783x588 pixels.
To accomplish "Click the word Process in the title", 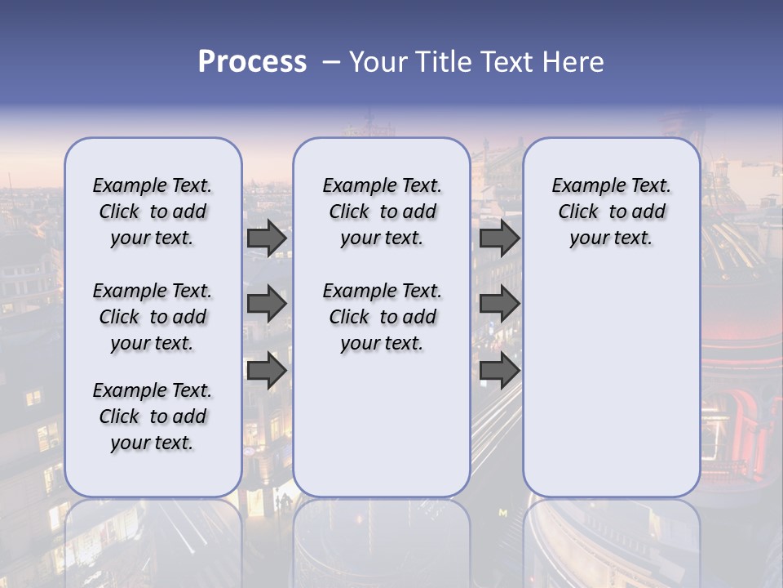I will pyautogui.click(x=252, y=62).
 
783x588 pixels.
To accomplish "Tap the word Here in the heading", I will pyautogui.click(x=574, y=62).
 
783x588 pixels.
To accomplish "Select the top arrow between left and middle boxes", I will pyautogui.click(x=267, y=238).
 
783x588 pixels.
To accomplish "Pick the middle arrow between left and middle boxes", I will pyautogui.click(x=267, y=304).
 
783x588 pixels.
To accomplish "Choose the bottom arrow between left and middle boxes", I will pyautogui.click(x=267, y=370).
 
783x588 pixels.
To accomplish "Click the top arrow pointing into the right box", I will pyautogui.click(x=499, y=238).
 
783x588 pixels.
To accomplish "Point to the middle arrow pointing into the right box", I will pyautogui.click(x=499, y=304).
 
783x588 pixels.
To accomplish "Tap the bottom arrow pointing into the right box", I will pyautogui.click(x=499, y=370).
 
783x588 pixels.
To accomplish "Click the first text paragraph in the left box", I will pyautogui.click(x=153, y=212).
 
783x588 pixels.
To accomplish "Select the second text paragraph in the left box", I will pyautogui.click(x=153, y=317).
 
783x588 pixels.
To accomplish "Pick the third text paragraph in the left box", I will pyautogui.click(x=153, y=416).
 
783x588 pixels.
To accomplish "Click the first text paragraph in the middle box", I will pyautogui.click(x=382, y=212).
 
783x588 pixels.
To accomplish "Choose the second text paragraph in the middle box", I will pyautogui.click(x=382, y=317).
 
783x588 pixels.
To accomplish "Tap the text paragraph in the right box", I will pyautogui.click(x=611, y=212).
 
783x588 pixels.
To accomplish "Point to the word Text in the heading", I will pyautogui.click(x=507, y=62).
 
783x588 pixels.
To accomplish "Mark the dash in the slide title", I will pyautogui.click(x=330, y=62).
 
